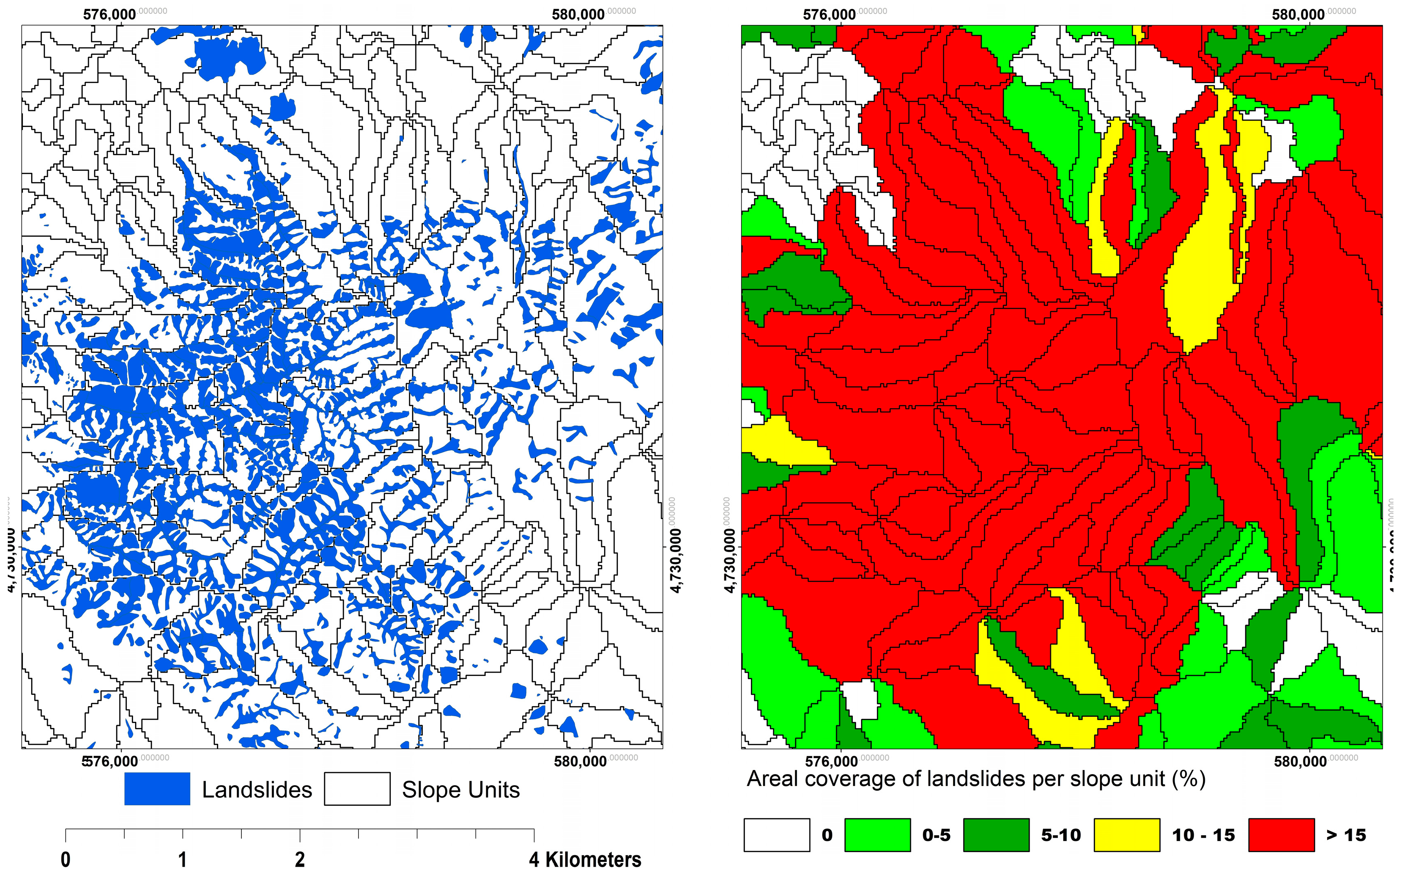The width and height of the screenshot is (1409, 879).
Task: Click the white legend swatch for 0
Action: tap(777, 835)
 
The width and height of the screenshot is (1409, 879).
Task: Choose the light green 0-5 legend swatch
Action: tap(877, 835)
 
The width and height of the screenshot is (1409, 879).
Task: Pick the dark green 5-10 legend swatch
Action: tap(996, 835)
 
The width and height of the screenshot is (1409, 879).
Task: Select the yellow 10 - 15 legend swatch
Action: tap(1127, 835)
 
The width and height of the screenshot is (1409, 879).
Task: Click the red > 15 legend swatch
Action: tap(1282, 835)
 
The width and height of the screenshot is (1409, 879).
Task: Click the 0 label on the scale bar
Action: tap(65, 859)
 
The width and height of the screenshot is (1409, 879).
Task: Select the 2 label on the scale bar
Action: tap(300, 859)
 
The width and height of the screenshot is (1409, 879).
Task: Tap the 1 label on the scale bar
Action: tap(183, 859)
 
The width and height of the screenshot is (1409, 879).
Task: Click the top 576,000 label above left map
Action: tap(110, 14)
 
